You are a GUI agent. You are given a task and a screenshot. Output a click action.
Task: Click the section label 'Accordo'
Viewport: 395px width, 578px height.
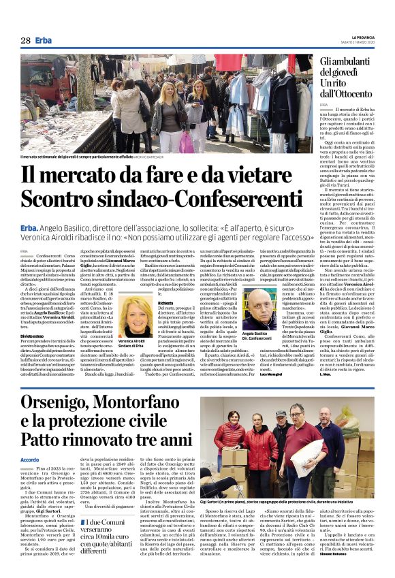(x=30, y=460)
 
